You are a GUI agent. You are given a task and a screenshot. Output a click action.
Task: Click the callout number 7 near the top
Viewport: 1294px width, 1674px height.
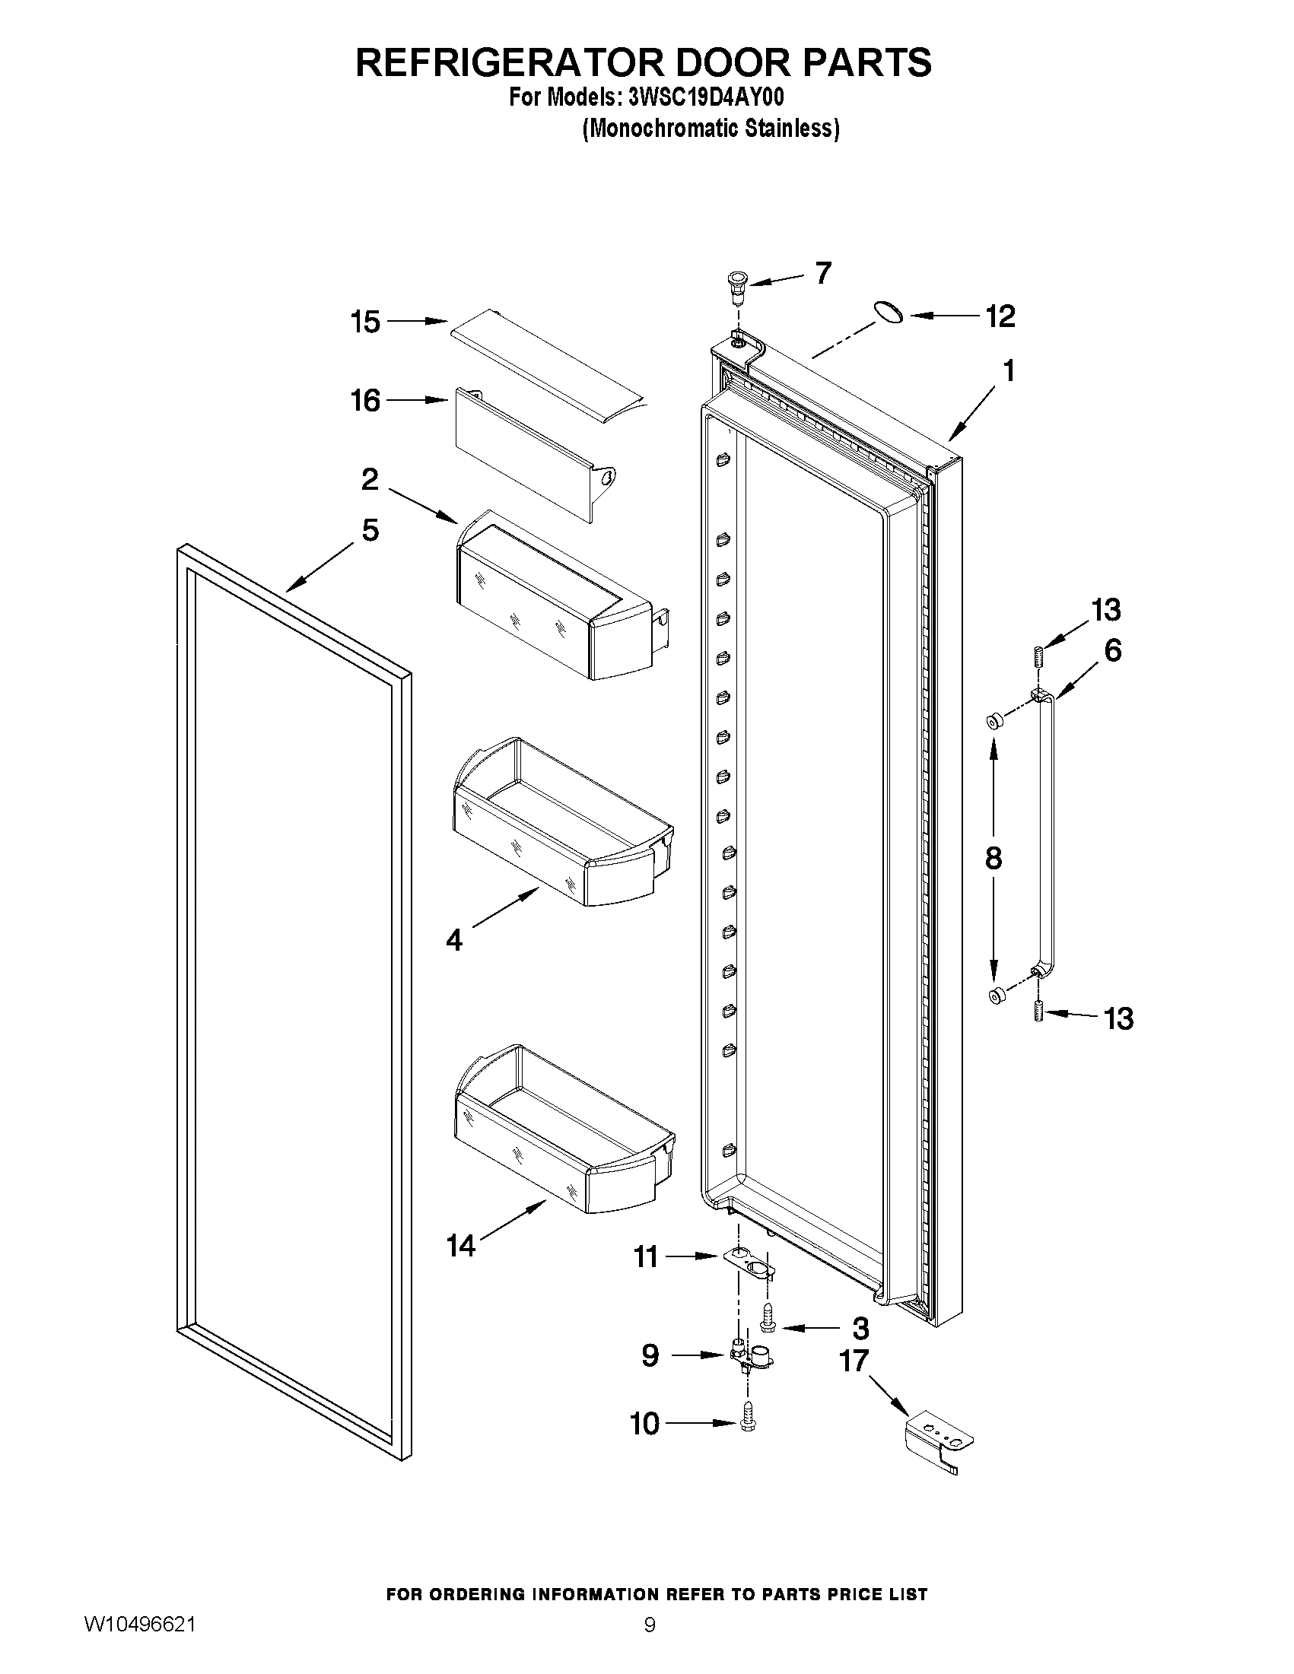tap(822, 273)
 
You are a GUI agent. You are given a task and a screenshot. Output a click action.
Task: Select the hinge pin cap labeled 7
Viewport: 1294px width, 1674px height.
tap(737, 286)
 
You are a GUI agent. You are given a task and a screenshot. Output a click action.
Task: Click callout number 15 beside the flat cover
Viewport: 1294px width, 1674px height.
tap(366, 322)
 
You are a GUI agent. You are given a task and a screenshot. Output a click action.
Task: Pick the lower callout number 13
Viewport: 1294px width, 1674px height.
tap(1118, 1018)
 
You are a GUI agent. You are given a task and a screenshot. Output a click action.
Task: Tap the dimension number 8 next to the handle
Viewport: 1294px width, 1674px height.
tap(993, 858)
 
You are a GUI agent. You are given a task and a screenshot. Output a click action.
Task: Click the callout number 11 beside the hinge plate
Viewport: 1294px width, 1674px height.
tap(645, 1257)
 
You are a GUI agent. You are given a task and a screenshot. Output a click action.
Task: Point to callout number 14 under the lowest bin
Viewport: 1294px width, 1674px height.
tap(461, 1247)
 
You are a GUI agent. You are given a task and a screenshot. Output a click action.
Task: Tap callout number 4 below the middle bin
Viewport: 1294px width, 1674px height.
tap(454, 940)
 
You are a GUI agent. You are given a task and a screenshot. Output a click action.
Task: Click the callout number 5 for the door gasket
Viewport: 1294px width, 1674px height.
tap(370, 529)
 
